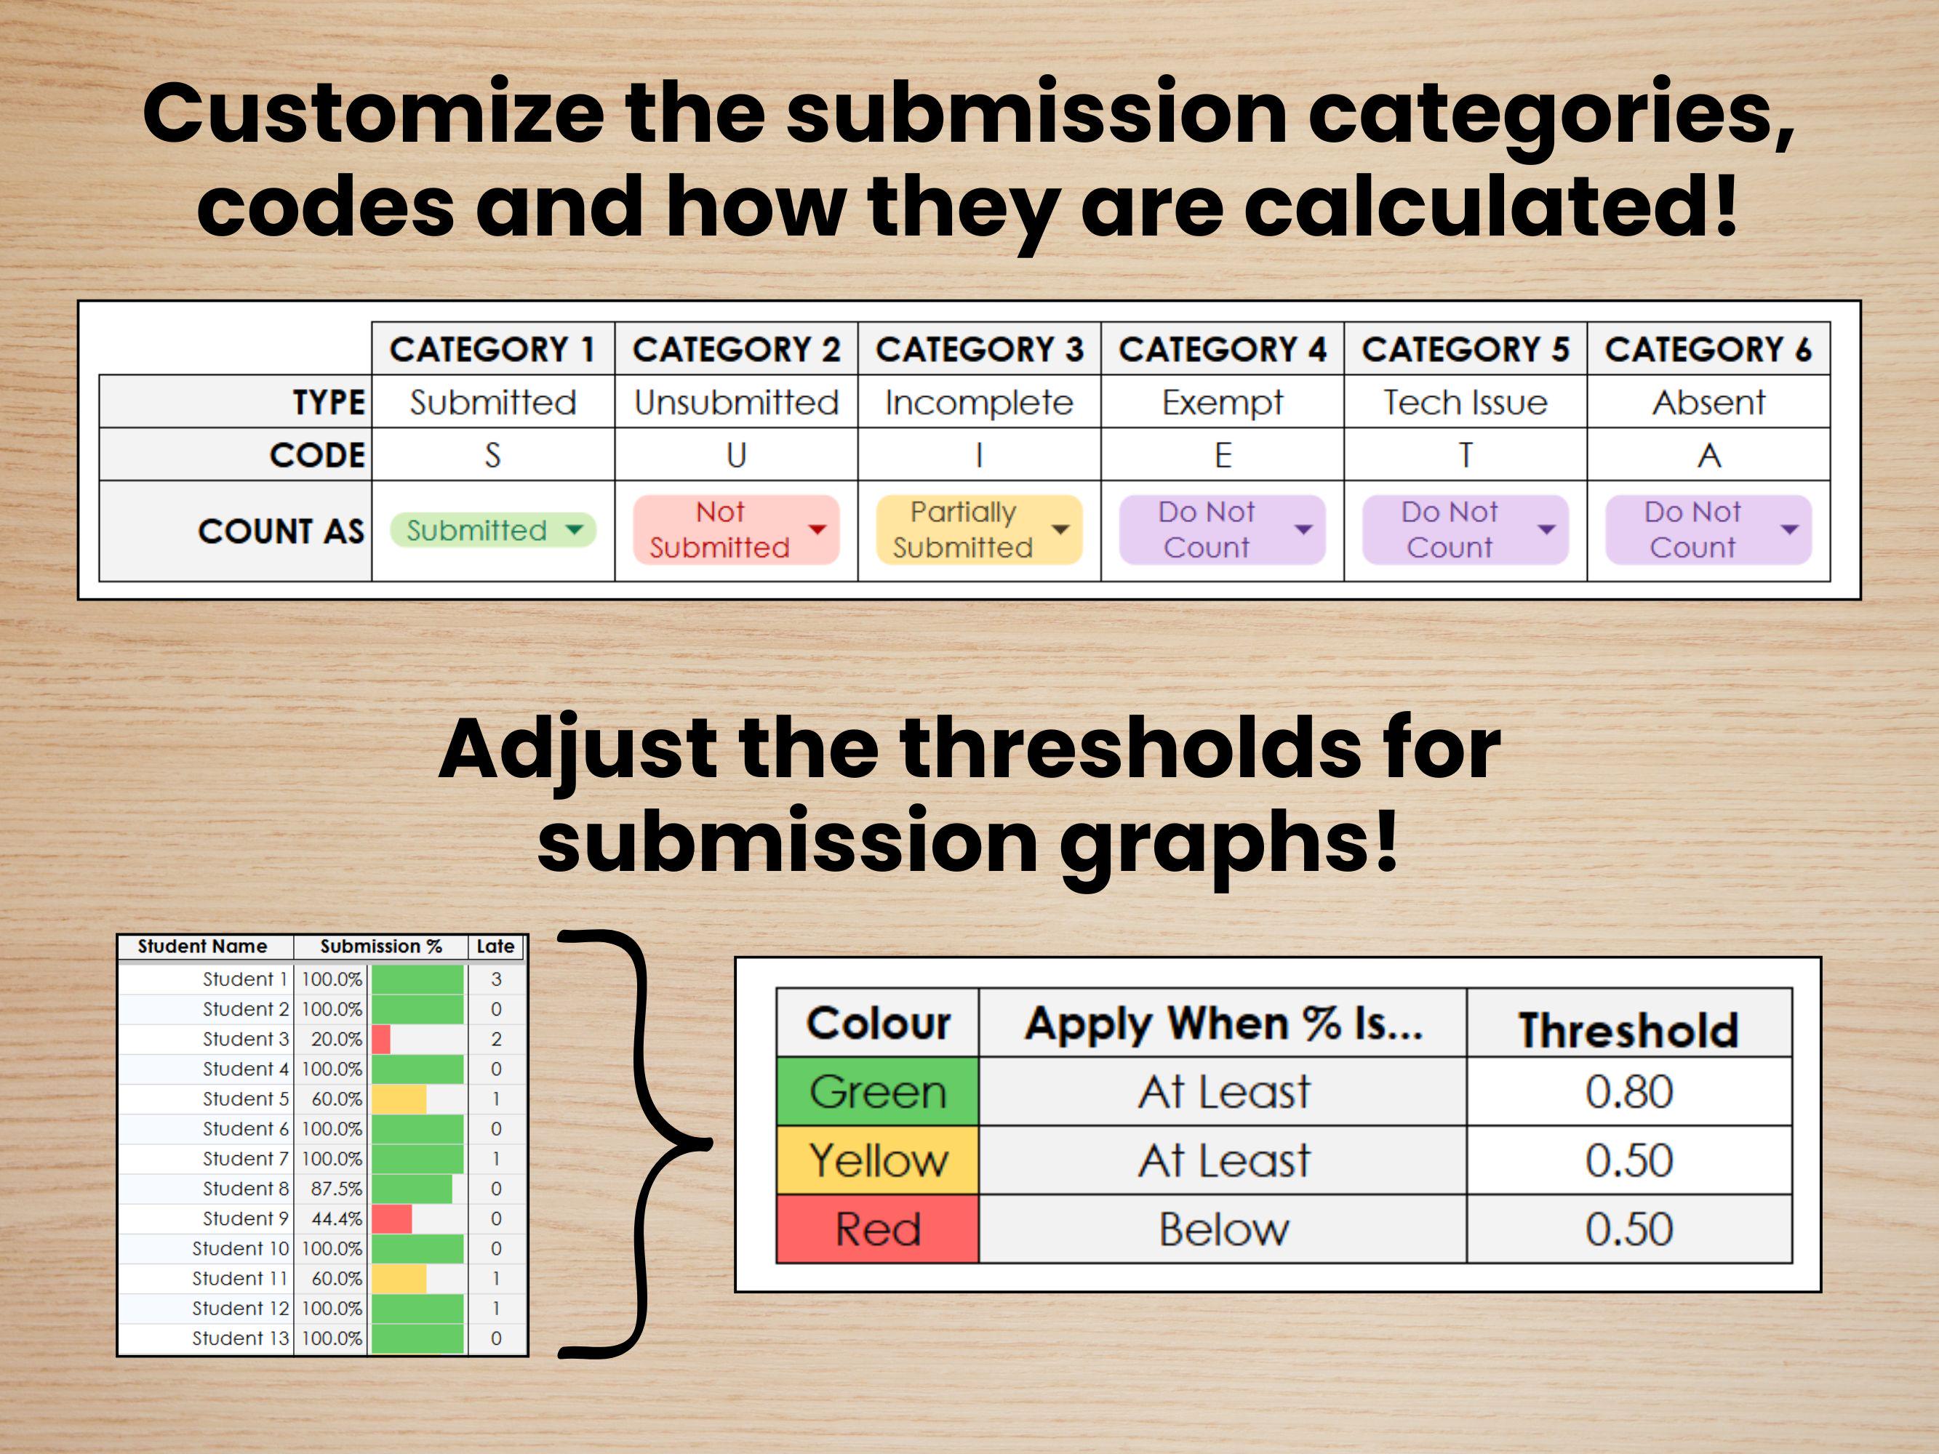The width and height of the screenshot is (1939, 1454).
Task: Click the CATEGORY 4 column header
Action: pyautogui.click(x=1222, y=350)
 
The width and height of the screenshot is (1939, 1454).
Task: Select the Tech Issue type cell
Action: pyautogui.click(x=1465, y=402)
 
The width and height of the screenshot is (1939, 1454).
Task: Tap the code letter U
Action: pyautogui.click(x=736, y=455)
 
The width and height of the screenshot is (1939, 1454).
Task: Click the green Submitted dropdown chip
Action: pyautogui.click(x=492, y=530)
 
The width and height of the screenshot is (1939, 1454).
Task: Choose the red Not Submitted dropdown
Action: pyautogui.click(x=735, y=530)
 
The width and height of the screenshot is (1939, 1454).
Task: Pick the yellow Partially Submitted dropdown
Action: pyautogui.click(x=978, y=530)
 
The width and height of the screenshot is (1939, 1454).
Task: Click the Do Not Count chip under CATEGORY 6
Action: pyautogui.click(x=1708, y=530)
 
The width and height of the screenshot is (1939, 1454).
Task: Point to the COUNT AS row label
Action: pyautogui.click(x=281, y=531)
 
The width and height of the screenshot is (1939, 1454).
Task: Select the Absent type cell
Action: pyautogui.click(x=1708, y=402)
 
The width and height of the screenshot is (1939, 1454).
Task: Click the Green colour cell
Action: pyautogui.click(x=877, y=1092)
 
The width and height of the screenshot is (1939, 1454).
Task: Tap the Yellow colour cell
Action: pyautogui.click(x=877, y=1160)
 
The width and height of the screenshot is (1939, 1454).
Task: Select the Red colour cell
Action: pyautogui.click(x=877, y=1229)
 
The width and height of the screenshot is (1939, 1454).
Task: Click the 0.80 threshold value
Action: pyautogui.click(x=1628, y=1092)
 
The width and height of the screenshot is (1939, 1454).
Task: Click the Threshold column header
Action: pyautogui.click(x=1628, y=1029)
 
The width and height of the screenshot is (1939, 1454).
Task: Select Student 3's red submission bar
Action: pyautogui.click(x=381, y=1040)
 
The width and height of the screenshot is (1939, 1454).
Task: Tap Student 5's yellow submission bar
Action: pyautogui.click(x=399, y=1099)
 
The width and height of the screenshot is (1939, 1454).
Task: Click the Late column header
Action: pyautogui.click(x=495, y=947)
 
